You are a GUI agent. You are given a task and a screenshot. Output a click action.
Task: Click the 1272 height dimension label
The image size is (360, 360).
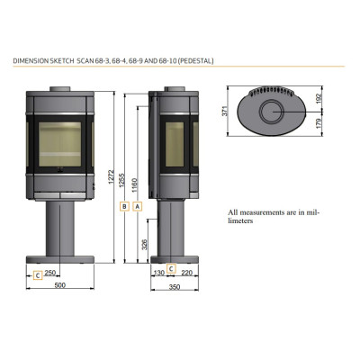(x=112, y=176)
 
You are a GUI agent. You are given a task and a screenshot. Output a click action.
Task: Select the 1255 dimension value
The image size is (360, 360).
(x=121, y=180)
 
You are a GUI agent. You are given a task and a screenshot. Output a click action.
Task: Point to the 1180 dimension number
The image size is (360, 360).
(x=134, y=185)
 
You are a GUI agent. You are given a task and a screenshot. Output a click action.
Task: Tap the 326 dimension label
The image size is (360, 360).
(x=145, y=245)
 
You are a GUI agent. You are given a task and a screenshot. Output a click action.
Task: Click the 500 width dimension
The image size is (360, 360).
(x=60, y=285)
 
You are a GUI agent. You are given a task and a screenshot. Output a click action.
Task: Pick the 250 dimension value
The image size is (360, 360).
(x=50, y=273)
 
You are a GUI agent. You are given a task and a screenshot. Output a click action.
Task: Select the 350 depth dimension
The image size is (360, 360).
(x=175, y=287)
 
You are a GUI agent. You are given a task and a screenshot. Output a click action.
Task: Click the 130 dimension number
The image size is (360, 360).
(x=159, y=273)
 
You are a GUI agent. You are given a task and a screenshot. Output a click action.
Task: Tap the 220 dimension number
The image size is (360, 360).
(x=186, y=273)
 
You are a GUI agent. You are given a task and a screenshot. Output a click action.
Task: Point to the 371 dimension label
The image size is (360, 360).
(x=225, y=111)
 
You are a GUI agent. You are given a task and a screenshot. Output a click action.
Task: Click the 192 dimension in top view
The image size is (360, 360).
(x=319, y=98)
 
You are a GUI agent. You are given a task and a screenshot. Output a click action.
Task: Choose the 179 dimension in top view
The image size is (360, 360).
(x=319, y=123)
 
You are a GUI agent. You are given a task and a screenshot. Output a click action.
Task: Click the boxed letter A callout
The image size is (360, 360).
(x=138, y=206)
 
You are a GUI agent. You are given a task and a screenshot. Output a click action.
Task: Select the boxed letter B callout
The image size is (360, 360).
(x=124, y=206)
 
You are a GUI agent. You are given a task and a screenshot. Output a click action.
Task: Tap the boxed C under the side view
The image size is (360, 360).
(x=171, y=268)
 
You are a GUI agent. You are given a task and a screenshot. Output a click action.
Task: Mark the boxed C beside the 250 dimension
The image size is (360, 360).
(x=38, y=275)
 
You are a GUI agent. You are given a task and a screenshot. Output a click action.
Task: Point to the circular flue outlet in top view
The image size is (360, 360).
(x=271, y=112)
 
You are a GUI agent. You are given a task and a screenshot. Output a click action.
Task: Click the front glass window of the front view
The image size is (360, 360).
(x=60, y=144)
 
